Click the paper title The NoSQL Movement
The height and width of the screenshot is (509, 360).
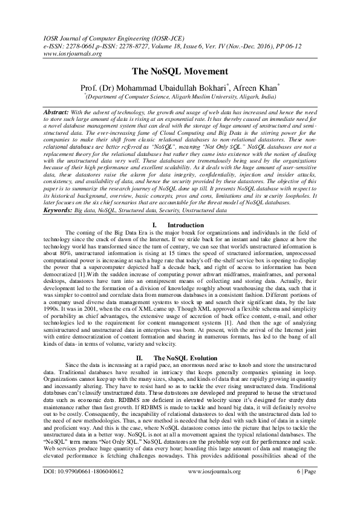[180, 70]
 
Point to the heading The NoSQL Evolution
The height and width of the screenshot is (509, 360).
[189, 358]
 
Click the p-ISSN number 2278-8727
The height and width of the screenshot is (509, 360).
[137, 45]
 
